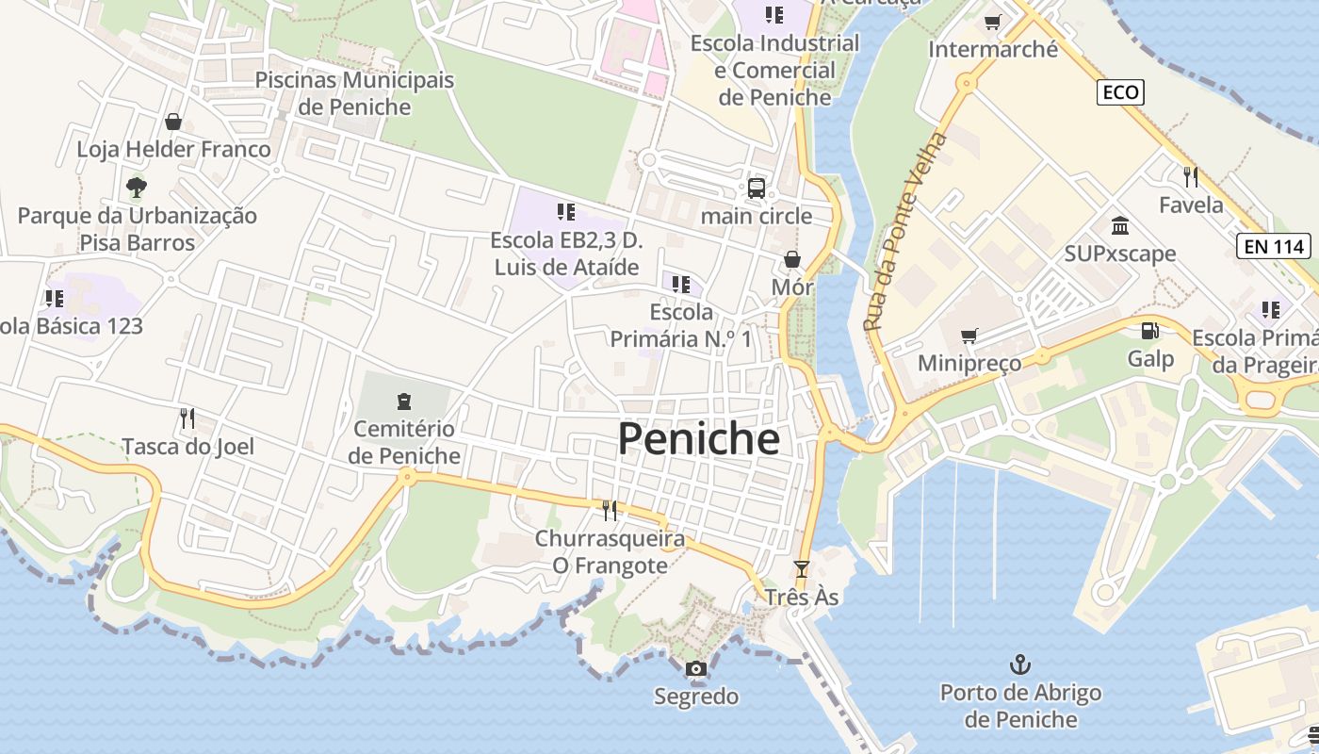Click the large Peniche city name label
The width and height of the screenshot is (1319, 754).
coord(698,439)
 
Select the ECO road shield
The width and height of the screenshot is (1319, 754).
coord(1120,92)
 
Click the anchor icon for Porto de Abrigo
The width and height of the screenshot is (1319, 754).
coord(1020,665)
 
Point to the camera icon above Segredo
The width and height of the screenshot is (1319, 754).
coord(696,669)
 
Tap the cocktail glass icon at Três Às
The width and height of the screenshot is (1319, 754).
coord(801,569)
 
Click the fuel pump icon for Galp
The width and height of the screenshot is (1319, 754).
coord(1149,331)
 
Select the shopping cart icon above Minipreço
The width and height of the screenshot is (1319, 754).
coord(969,336)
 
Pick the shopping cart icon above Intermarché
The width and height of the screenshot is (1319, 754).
coord(992,22)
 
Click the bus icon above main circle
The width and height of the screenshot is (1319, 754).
coord(757,188)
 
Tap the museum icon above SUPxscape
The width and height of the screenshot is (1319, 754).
coord(1120,226)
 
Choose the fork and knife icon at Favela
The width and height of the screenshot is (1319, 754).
coord(1191,176)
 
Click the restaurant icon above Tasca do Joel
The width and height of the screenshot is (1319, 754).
coord(187,418)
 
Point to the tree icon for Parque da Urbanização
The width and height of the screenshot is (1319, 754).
coord(137,188)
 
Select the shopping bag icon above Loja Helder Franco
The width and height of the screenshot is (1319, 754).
coord(173,122)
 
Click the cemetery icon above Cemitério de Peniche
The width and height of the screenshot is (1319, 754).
coord(404,402)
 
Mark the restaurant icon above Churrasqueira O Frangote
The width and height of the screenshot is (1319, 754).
coord(610,511)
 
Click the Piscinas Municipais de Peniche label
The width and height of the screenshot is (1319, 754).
coord(354,93)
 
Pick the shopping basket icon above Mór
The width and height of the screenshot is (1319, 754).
coord(792,259)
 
